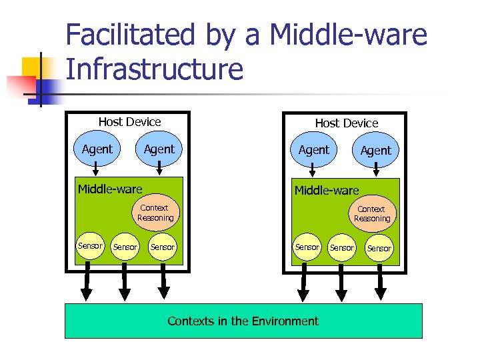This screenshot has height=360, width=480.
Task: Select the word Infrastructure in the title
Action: [x=155, y=69]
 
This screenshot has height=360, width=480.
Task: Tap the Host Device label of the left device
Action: [x=129, y=122]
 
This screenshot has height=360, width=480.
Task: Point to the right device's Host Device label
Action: [x=346, y=123]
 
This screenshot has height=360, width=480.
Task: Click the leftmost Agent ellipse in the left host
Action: [x=97, y=149]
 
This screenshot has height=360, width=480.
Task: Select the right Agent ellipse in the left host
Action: [x=159, y=149]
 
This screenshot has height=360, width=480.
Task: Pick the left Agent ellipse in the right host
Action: [x=313, y=150]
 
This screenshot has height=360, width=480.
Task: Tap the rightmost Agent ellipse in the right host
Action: [x=375, y=151]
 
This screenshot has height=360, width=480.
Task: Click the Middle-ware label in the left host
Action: [x=110, y=189]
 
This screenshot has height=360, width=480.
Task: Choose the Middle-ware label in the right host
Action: [x=327, y=191]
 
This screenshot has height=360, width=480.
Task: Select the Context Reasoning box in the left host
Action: [x=155, y=213]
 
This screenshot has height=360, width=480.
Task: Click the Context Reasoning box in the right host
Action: [x=371, y=214]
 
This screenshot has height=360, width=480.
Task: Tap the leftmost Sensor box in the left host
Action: [x=90, y=246]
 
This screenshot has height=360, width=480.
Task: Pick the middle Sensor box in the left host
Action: [x=125, y=247]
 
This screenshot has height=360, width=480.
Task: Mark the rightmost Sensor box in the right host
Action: [x=379, y=248]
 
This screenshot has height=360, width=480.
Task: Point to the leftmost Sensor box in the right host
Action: [x=307, y=247]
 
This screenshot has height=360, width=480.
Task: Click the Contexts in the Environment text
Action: [x=243, y=321]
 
